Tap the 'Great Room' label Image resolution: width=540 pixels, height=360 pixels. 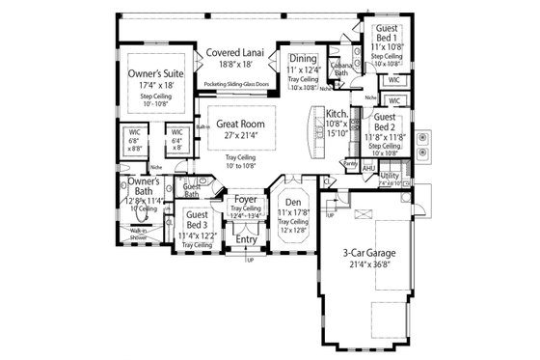[240, 124]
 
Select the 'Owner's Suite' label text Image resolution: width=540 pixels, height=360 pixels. [158, 71]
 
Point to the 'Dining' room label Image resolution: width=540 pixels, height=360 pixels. [304, 58]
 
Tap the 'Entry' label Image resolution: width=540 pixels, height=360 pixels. [247, 239]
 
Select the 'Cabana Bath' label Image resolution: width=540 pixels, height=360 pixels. [341, 69]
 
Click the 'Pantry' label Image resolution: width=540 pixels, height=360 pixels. [351, 165]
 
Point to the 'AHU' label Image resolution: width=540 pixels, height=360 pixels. [368, 168]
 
